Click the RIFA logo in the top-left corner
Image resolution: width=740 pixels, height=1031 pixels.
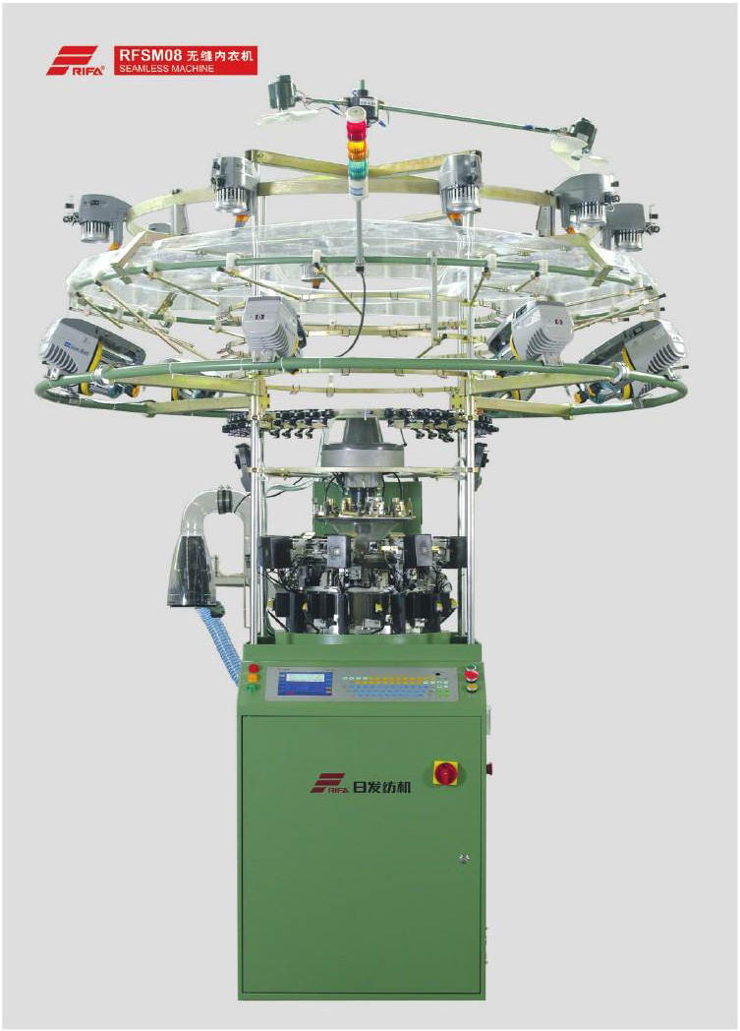(x=75, y=60)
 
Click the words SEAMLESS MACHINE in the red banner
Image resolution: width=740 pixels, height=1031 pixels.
(x=167, y=69)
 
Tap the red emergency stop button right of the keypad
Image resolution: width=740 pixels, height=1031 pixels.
(x=471, y=674)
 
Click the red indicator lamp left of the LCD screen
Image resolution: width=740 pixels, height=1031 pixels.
(x=254, y=669)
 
